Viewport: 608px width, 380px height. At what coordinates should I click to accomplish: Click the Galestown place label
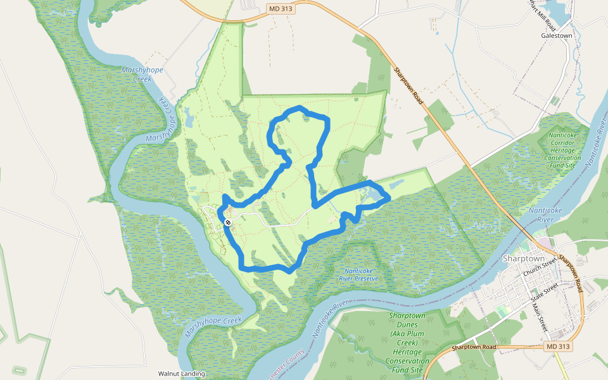pyautogui.click(x=557, y=36)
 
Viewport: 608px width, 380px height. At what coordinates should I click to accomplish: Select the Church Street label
pyautogui.click(x=540, y=266)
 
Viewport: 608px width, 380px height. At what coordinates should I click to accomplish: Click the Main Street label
pyautogui.click(x=539, y=316)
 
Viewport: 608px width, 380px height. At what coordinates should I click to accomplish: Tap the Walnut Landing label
pyautogui.click(x=182, y=374)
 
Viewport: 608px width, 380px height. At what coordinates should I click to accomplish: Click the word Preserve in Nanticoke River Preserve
pyautogui.click(x=364, y=278)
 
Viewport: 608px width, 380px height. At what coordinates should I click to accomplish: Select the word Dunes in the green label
pyautogui.click(x=406, y=324)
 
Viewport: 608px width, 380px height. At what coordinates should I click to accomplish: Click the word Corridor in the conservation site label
pyautogui.click(x=562, y=144)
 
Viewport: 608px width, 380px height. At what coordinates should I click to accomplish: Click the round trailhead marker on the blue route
pyautogui.click(x=227, y=222)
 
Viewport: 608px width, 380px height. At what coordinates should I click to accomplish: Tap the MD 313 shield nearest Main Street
pyautogui.click(x=558, y=347)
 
